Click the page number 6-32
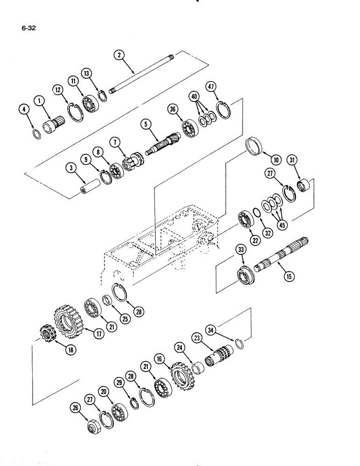pos(29,27)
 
